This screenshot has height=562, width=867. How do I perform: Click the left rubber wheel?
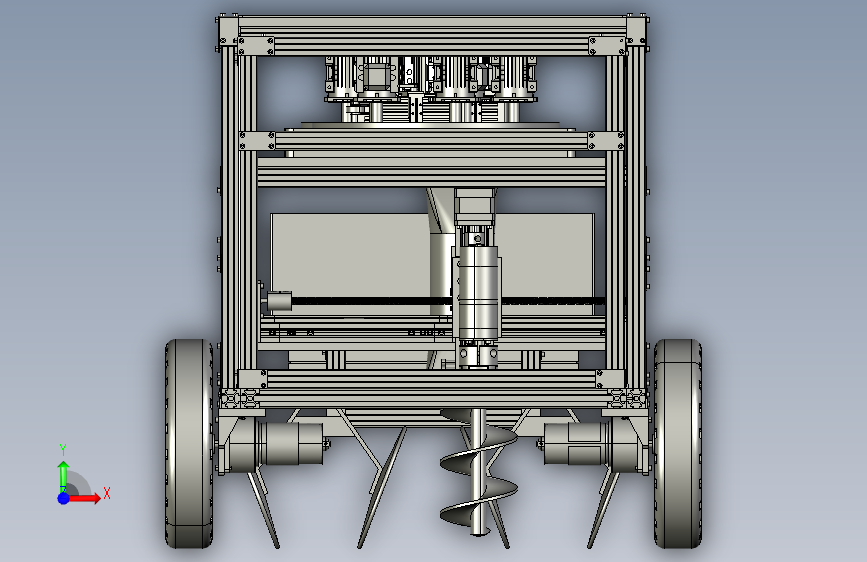(189, 444)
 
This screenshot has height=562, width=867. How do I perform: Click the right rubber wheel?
(678, 444)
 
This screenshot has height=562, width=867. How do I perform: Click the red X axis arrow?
(83, 498)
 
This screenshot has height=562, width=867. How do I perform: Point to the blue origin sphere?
(63, 498)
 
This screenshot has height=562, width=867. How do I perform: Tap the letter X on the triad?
(107, 493)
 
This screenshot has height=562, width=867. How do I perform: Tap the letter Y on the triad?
(63, 449)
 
